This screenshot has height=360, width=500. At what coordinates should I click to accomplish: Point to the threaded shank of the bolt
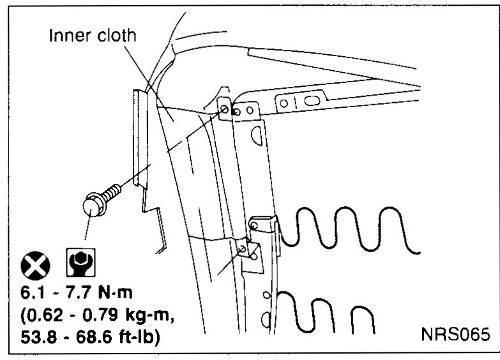(x=112, y=192)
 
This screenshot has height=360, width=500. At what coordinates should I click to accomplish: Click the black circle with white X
(x=35, y=266)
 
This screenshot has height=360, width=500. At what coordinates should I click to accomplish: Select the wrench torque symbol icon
(x=80, y=262)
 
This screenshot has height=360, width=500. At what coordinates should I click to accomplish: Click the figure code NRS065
(x=455, y=334)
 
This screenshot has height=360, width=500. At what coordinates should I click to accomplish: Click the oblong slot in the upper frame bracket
(x=312, y=101)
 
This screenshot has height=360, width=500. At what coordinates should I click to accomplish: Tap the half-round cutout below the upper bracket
(x=256, y=135)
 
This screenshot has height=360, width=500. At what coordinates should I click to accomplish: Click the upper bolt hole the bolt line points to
(x=224, y=109)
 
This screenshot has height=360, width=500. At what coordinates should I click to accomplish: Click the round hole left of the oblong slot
(x=284, y=103)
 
